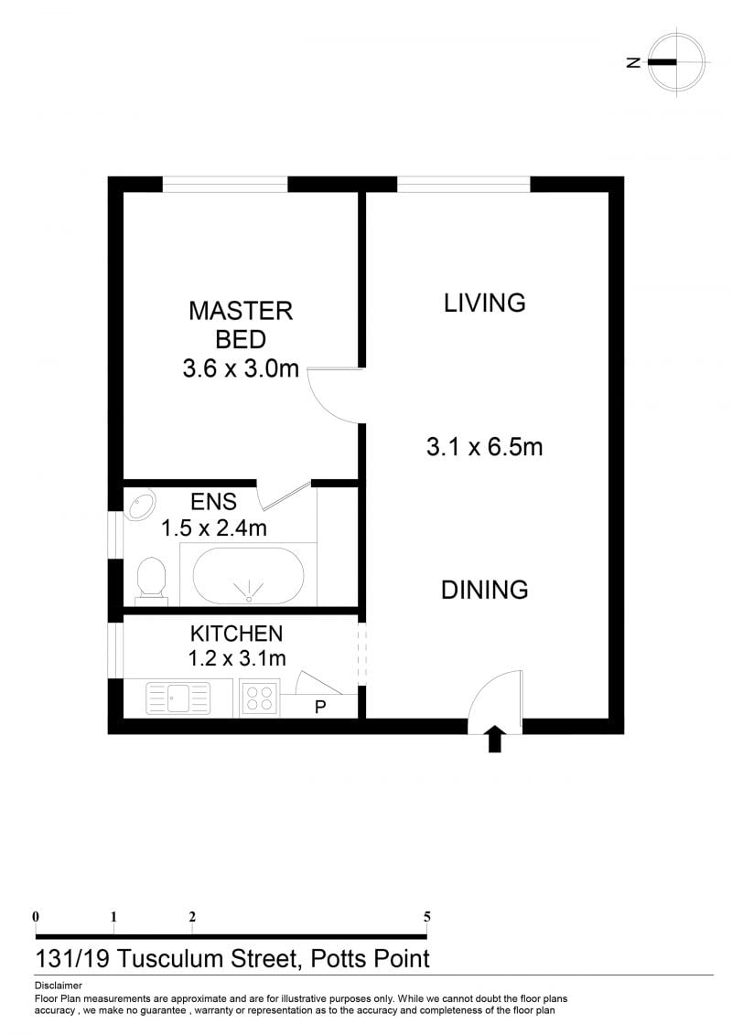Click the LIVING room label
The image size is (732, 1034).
484,303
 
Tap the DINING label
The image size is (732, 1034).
484,590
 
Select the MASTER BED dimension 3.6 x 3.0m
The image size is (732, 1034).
241,368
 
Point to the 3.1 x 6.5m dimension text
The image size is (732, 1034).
484,447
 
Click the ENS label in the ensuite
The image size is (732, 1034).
213,502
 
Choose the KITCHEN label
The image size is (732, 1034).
236,634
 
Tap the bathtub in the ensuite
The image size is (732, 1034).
248,575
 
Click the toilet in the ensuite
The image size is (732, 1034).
151,580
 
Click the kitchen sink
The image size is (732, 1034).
178,698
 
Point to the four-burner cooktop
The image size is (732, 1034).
259,698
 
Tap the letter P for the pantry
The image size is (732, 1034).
320,708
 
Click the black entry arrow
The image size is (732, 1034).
495,739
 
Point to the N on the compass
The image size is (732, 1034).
633,63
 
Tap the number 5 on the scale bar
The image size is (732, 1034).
427,917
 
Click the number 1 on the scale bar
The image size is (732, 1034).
113,917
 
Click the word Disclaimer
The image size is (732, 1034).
59,986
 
